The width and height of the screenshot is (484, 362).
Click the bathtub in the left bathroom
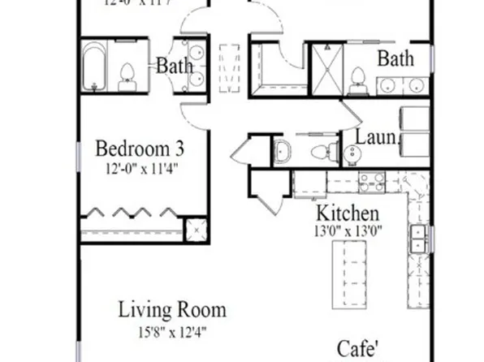tap(97, 67)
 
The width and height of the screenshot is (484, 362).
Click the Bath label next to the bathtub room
tap(175, 66)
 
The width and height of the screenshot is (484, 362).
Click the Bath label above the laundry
tap(395, 58)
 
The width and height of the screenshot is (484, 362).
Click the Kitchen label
tap(347, 213)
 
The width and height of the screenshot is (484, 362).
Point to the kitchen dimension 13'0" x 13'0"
tap(348, 231)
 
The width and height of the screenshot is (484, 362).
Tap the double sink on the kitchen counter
tap(419, 238)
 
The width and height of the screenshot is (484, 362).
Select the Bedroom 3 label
tap(140, 150)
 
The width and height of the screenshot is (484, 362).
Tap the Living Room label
tap(172, 309)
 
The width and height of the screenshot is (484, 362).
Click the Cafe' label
tap(358, 350)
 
